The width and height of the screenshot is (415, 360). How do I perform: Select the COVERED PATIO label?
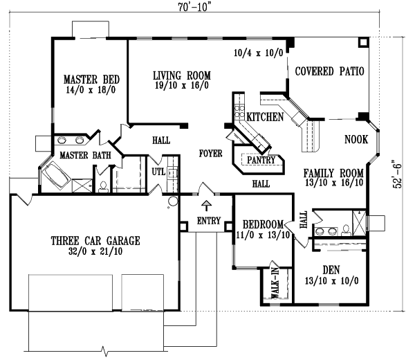point(329,71)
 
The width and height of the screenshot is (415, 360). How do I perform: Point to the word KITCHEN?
point(265,118)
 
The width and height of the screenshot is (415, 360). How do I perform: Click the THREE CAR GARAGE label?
point(95,241)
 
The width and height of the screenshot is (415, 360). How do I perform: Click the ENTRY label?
point(209,221)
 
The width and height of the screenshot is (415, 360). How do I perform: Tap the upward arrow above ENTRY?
point(205,206)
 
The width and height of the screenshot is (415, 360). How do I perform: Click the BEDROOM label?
point(262,224)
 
